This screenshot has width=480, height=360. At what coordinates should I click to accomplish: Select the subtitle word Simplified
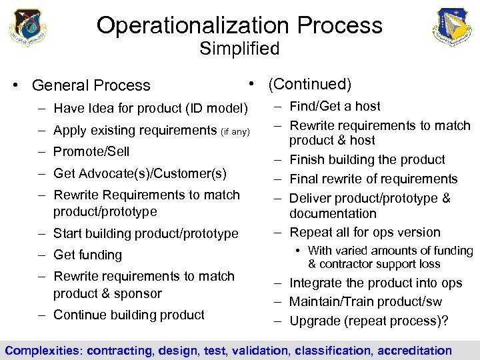point(239,49)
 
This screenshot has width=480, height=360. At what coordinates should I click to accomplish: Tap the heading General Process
point(91,85)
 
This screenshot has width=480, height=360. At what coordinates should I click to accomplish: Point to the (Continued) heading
point(309,84)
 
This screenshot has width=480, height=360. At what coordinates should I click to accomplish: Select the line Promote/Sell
point(91,151)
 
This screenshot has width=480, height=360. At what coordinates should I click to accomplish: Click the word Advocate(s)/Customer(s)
point(151,173)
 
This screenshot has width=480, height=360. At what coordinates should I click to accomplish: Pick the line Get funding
point(87,255)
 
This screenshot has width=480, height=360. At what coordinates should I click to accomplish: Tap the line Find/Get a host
point(335,106)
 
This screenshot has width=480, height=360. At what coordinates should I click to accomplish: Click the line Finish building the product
point(367,159)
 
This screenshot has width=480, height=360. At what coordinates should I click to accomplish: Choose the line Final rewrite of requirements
point(373,179)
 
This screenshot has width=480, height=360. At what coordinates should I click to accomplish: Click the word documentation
point(333,213)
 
